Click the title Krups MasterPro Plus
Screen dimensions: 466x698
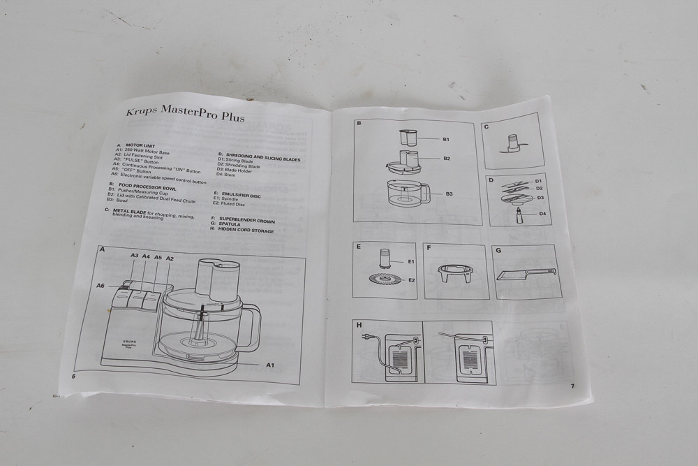(x=185, y=114)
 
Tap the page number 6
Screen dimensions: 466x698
(x=73, y=375)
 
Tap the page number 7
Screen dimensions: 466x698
(x=572, y=386)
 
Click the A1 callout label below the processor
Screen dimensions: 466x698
(x=269, y=365)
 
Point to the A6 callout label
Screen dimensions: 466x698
(x=102, y=285)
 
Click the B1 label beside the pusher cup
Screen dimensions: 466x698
(x=445, y=140)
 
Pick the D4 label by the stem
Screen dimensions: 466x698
(x=542, y=214)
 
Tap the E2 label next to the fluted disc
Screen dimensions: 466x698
(x=412, y=280)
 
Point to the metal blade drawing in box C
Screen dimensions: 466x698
(x=513, y=145)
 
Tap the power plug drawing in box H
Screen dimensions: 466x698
(x=365, y=335)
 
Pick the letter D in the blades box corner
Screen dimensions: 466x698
(x=491, y=180)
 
